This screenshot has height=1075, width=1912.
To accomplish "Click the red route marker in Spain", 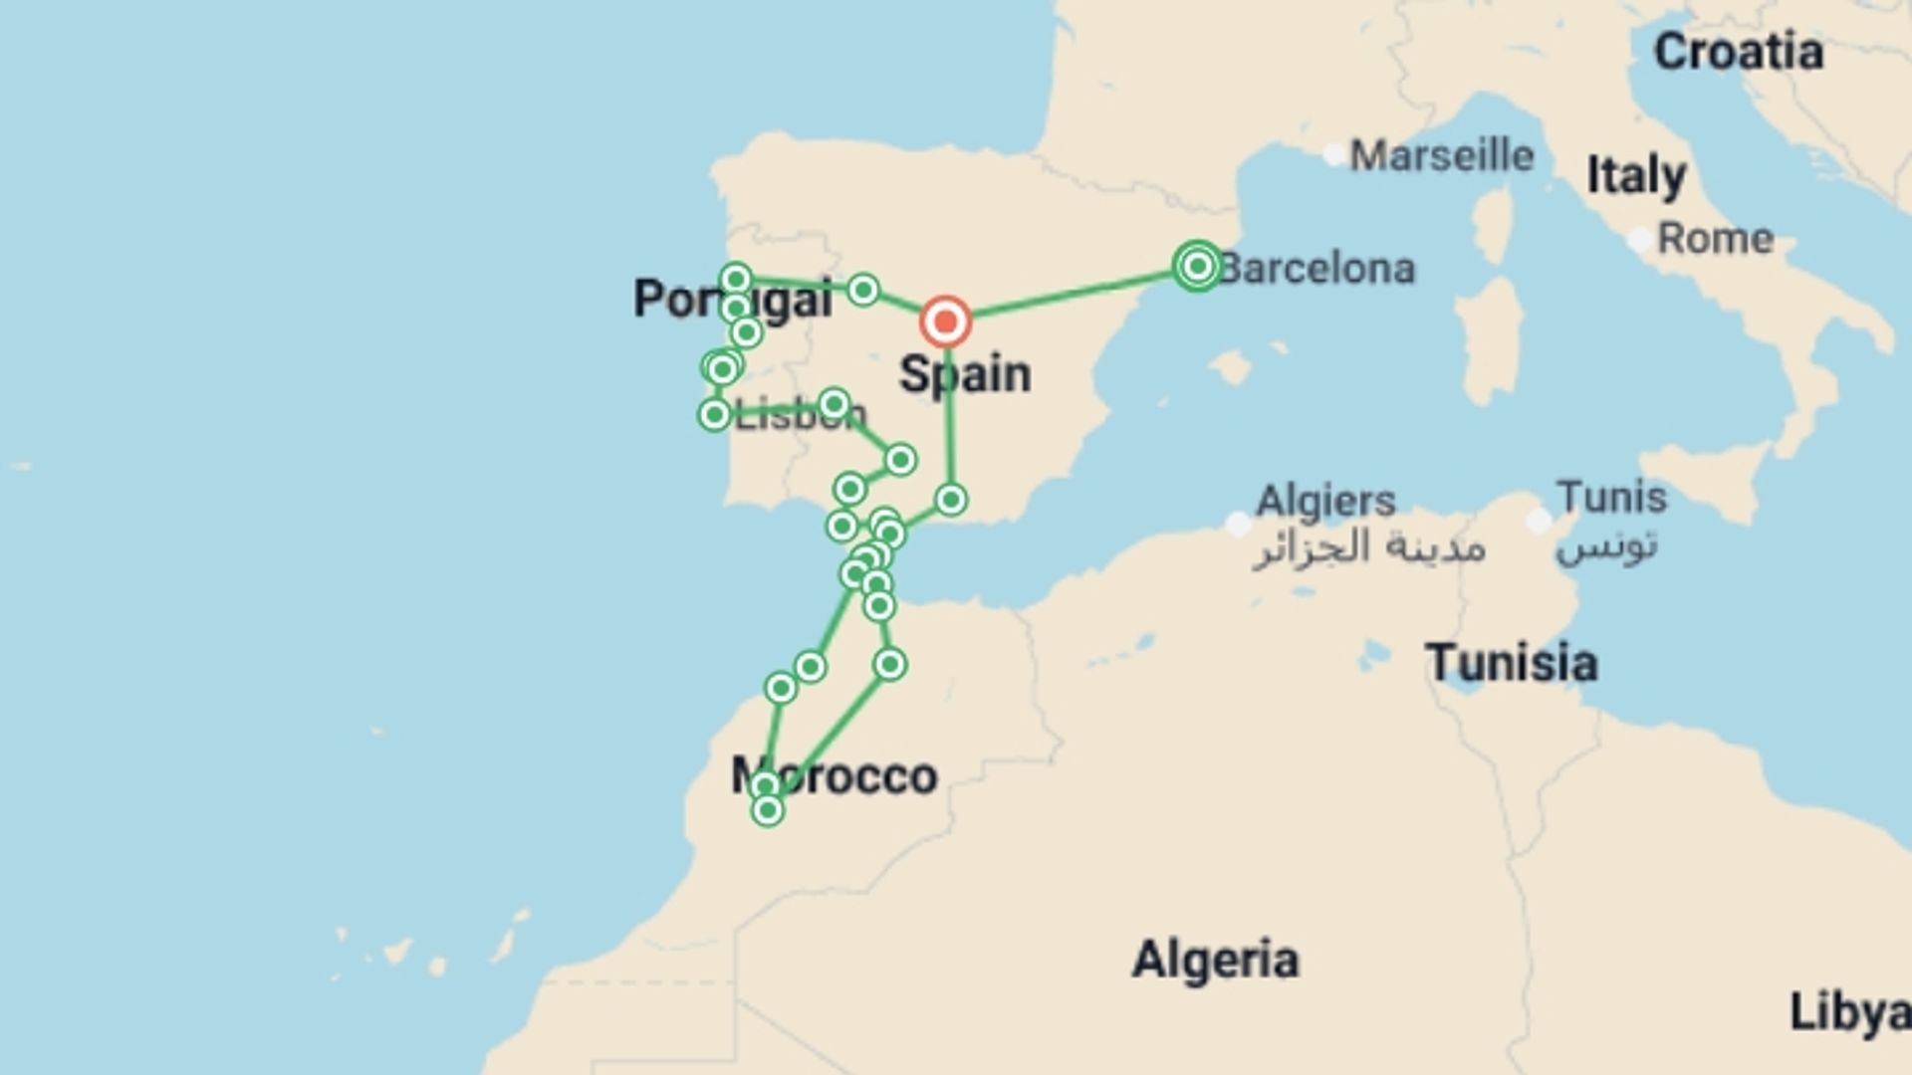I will point(945,322).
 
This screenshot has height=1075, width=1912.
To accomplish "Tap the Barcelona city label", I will point(1317,269).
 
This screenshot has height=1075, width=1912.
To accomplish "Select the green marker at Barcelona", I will point(1197,266).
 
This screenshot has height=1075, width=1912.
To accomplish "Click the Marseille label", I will point(1441,156).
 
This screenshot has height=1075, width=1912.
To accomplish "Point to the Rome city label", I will point(1715,239).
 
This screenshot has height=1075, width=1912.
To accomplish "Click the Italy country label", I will point(1635,176).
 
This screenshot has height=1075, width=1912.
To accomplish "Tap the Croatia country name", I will point(1738,52).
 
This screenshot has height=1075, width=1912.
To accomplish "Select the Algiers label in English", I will point(1325,501).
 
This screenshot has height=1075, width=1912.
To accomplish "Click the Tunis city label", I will point(1611,497).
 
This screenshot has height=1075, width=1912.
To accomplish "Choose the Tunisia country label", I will point(1511,663).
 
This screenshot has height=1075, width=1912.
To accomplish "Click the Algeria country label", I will point(1215,960).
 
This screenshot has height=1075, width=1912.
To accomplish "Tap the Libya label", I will point(1849,1012).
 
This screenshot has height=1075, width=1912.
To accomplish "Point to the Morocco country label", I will point(835,776).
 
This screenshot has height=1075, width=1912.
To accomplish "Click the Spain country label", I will point(965,375).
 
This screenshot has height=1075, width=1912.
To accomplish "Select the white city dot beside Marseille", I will point(1333,155).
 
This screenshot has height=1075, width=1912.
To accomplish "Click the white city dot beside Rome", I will point(1639,240).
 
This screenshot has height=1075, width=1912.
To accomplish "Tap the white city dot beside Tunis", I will point(1539,520).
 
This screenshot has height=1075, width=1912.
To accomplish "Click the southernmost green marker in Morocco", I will point(767,811).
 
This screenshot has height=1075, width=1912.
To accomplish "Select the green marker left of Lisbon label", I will point(714,414).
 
